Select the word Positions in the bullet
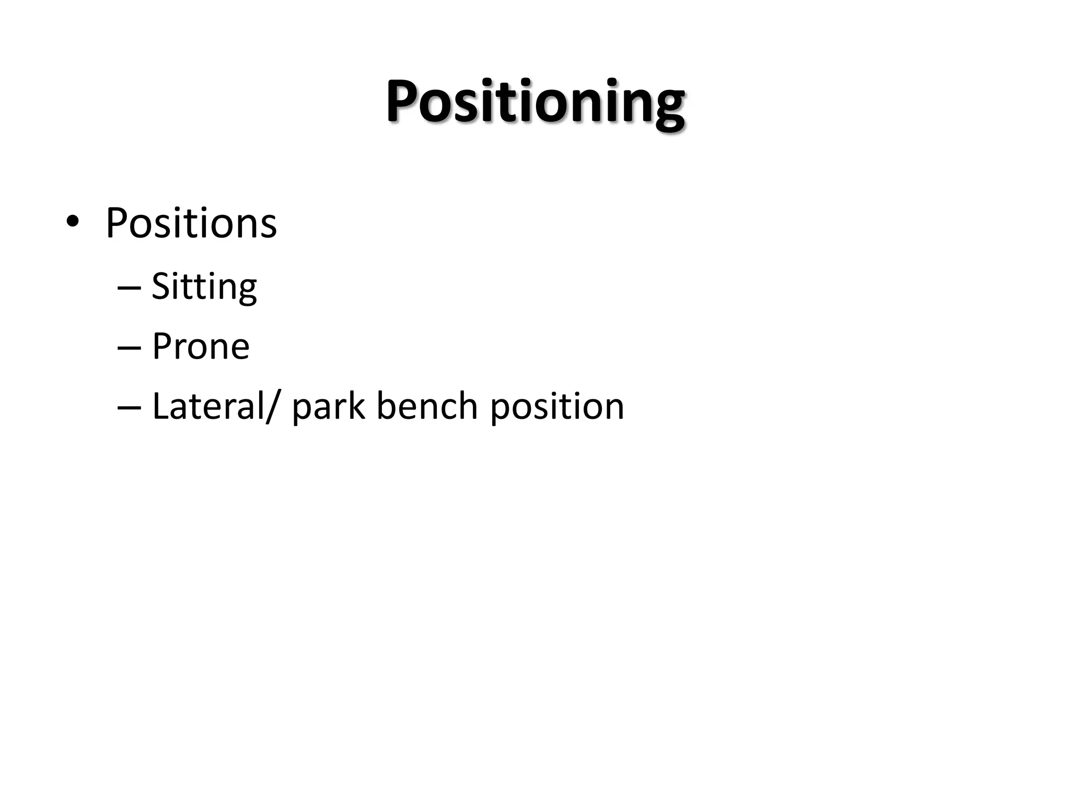coord(191,224)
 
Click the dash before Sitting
coord(129,288)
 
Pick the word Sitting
coord(204,288)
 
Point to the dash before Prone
coord(129,347)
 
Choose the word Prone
coord(201,347)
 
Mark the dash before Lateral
coord(129,407)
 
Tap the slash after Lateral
coord(272,407)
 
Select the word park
coord(328,408)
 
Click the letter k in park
coord(356,406)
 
